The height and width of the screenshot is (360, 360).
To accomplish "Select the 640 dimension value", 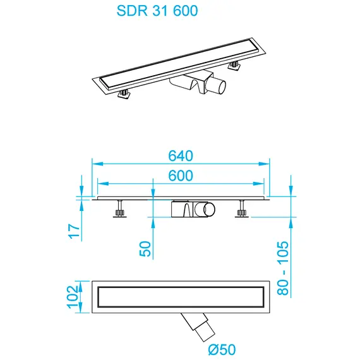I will (180, 155).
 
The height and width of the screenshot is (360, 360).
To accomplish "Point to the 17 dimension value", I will (75, 231).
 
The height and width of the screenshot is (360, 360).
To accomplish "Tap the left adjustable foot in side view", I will (119, 208).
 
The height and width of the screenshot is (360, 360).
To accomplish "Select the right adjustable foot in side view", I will (240, 208).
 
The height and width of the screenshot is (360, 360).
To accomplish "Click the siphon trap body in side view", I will (183, 209).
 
